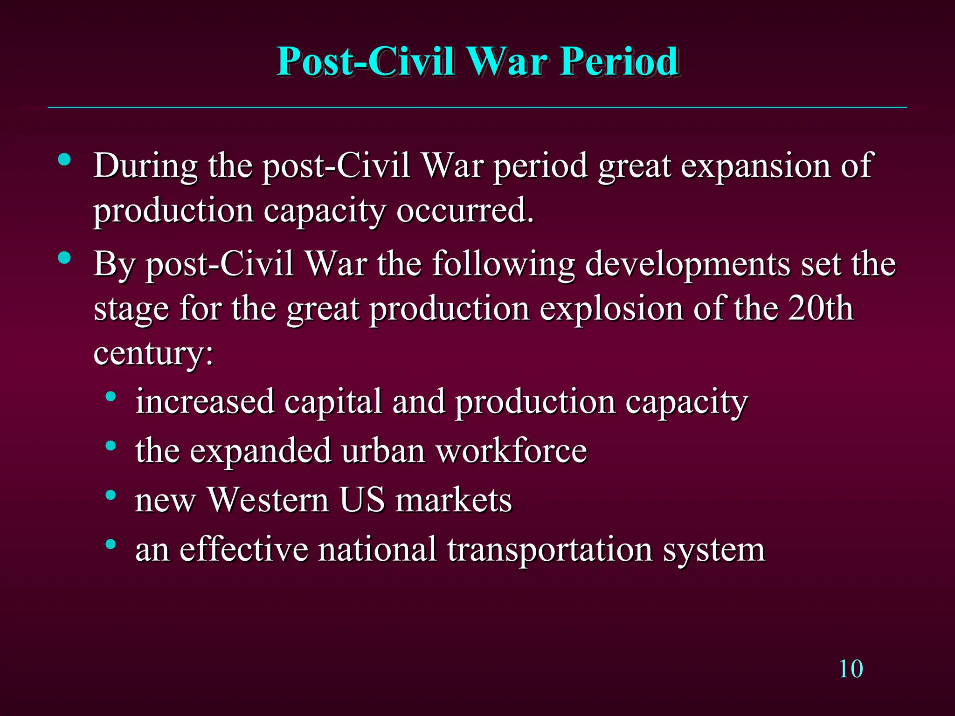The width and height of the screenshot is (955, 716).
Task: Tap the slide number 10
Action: (x=851, y=669)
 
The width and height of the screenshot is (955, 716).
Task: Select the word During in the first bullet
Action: (x=145, y=166)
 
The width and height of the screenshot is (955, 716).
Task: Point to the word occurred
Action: (x=464, y=211)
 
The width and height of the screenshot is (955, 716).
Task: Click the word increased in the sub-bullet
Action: (x=205, y=401)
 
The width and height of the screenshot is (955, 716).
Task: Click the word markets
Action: (x=454, y=501)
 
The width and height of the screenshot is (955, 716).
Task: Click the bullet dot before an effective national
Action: (x=111, y=544)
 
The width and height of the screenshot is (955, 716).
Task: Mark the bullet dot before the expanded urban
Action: (x=111, y=446)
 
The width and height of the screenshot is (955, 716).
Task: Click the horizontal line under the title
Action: (x=477, y=108)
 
